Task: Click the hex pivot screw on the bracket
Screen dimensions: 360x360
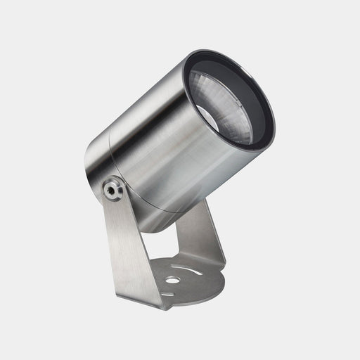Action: click(112, 188)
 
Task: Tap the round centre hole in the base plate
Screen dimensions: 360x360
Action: click(172, 280)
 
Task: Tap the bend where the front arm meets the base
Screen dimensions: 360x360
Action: click(144, 299)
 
